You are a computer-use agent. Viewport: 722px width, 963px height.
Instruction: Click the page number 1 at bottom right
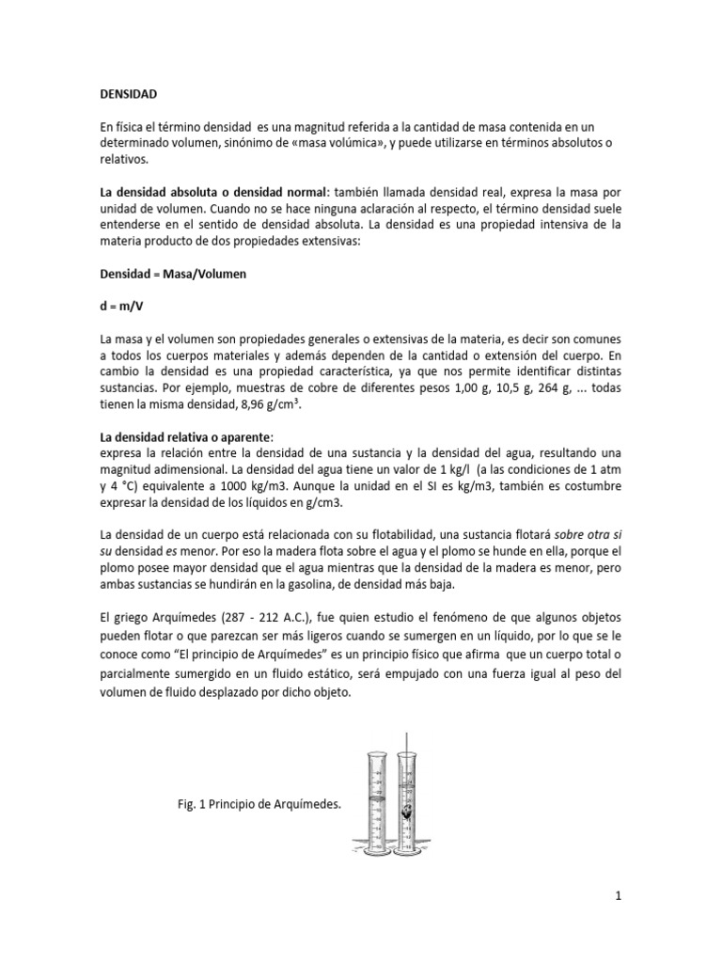(619, 896)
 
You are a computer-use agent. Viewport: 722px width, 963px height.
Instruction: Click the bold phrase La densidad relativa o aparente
(184, 438)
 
